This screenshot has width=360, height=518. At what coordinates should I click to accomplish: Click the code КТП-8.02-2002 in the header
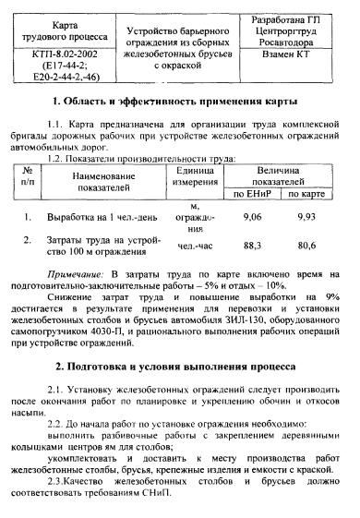click(57, 55)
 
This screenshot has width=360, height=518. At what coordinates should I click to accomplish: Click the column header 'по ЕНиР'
click(252, 194)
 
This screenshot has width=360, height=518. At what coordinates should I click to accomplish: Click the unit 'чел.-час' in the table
click(194, 247)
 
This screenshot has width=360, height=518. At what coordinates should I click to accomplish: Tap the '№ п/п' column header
click(30, 176)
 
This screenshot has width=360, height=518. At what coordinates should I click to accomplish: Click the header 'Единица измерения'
click(193, 176)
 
